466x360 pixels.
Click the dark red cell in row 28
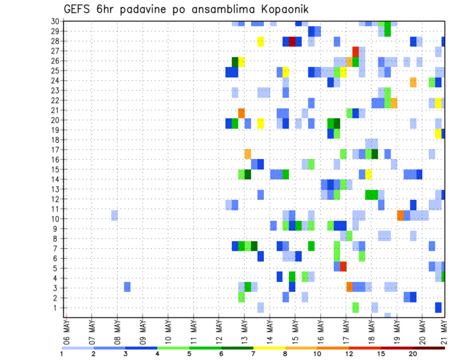292,41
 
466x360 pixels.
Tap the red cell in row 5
343,266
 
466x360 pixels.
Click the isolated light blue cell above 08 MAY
114,215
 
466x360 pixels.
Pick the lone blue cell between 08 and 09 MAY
127,287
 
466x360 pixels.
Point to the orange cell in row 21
241,113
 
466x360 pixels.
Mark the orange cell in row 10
400,215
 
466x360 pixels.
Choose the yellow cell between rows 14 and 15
368,174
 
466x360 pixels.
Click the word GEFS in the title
78,10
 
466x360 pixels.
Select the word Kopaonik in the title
286,10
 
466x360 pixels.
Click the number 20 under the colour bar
413,354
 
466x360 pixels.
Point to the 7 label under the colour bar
253,354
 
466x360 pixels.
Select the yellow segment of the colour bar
269,348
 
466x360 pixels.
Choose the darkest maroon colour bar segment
429,348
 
